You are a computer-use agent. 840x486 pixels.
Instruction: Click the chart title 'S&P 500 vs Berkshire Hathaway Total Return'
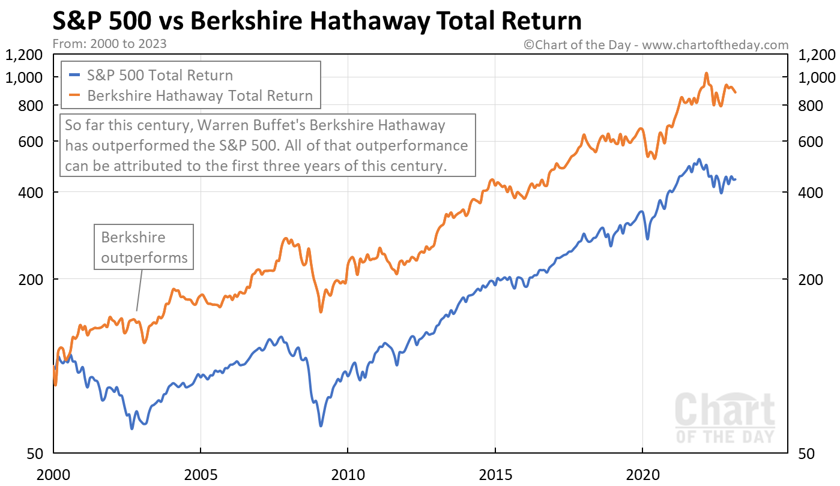tap(317, 22)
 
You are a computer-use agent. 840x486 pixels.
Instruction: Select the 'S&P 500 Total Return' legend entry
tap(160, 76)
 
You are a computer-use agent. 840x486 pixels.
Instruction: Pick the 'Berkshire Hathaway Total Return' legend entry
tap(200, 95)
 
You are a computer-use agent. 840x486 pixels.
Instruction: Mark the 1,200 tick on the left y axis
tap(24, 55)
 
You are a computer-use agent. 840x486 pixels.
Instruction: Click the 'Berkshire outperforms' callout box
tap(144, 247)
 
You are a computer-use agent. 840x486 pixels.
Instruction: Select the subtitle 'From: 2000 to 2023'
tap(110, 44)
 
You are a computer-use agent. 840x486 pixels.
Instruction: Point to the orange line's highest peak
tap(706, 73)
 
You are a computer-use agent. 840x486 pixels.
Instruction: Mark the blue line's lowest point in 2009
tap(321, 425)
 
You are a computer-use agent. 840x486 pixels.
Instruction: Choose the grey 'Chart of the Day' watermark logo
tap(725, 418)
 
